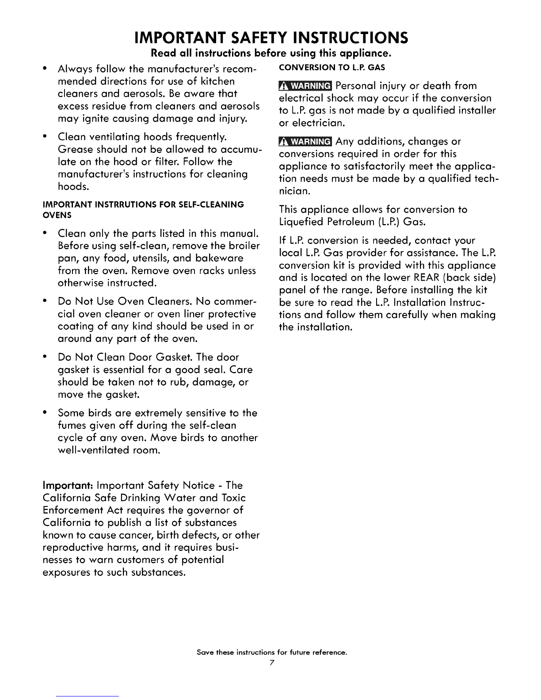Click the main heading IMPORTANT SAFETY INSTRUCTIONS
(x=271, y=38)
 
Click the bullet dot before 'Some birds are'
(x=46, y=413)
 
